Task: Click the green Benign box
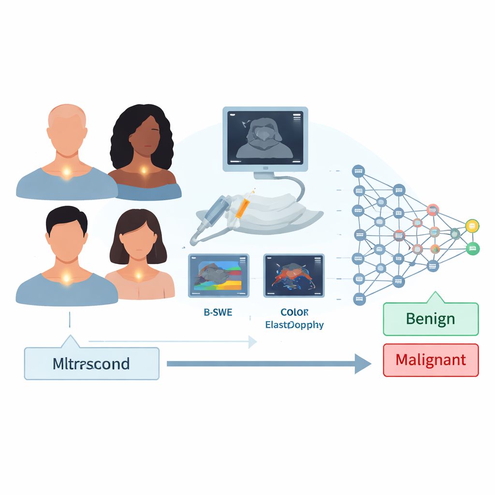coord(431,319)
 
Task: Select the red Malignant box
coord(431,360)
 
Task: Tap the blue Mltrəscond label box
coord(91,363)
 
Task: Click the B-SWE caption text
coord(218,312)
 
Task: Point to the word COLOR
coord(294,312)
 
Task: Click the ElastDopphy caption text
coord(294,325)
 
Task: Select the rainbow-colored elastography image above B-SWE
coord(218,276)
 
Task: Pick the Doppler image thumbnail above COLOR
coord(294,276)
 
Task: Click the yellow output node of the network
coord(472,225)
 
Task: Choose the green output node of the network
coord(472,249)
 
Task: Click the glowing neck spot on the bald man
coord(67,172)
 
